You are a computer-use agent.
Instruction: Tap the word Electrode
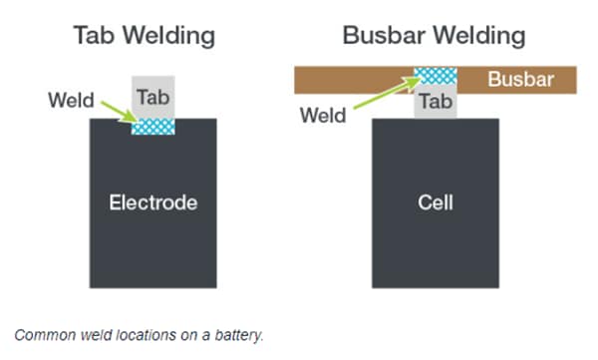[152, 203]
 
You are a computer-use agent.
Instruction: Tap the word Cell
[436, 203]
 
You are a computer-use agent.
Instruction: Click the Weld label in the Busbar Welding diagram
[323, 117]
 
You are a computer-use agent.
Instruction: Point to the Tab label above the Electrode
[152, 97]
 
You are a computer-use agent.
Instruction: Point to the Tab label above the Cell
[436, 102]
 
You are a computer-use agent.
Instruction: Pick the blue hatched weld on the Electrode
[152, 125]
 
